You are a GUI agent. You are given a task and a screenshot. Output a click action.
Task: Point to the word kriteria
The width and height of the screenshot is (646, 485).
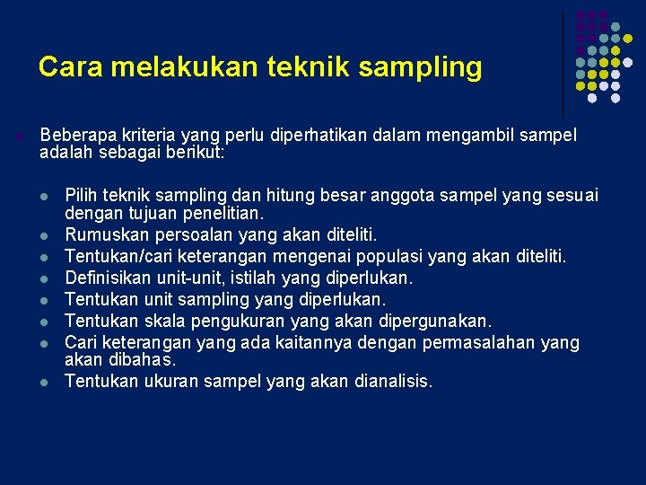tap(144, 136)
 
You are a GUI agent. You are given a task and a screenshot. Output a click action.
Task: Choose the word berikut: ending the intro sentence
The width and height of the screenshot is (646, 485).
tap(196, 153)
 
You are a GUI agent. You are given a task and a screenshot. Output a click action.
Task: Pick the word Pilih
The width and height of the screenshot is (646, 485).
tap(82, 196)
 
